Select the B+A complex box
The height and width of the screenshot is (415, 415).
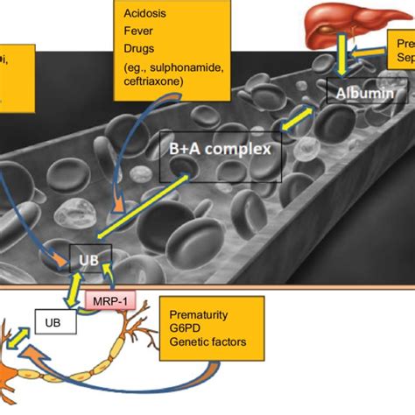220,150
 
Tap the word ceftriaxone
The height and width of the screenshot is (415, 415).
162,84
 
